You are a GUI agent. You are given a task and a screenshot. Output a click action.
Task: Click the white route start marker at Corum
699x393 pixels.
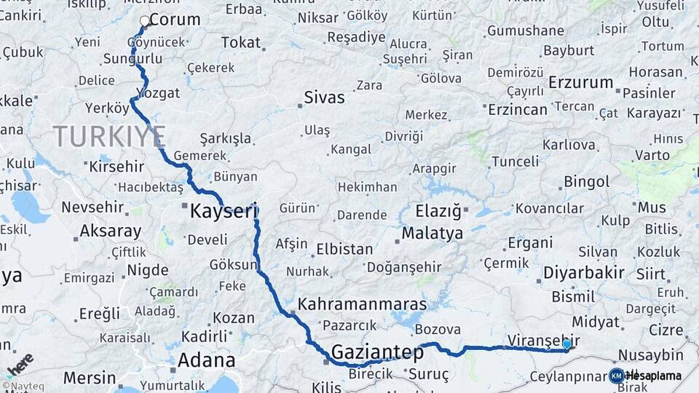pyautogui.click(x=144, y=22)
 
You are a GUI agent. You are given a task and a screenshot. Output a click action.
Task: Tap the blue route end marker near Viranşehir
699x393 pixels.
pyautogui.click(x=566, y=344)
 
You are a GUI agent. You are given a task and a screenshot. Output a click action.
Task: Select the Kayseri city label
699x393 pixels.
pyautogui.click(x=224, y=213)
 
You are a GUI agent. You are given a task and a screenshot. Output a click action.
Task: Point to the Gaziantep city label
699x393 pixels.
pyautogui.click(x=377, y=353)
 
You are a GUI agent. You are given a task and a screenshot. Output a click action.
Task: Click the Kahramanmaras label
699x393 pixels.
pyautogui.click(x=363, y=302)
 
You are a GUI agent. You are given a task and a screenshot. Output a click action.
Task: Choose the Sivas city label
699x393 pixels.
pyautogui.click(x=324, y=98)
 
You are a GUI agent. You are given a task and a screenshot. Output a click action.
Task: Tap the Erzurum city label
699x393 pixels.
pyautogui.click(x=580, y=82)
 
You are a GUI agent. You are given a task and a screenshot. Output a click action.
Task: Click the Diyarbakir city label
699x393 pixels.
pyautogui.click(x=584, y=273)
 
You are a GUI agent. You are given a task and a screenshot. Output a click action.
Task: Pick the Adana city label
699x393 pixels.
pyautogui.click(x=208, y=360)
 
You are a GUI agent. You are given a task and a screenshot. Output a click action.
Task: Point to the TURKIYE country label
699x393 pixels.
pyautogui.click(x=109, y=135)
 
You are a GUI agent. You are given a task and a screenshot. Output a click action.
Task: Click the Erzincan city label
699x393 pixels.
pyautogui.click(x=518, y=109)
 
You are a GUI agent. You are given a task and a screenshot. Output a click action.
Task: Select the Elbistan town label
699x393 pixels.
pyautogui.click(x=344, y=249)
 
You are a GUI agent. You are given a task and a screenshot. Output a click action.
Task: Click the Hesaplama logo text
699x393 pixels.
pyautogui.click(x=654, y=376)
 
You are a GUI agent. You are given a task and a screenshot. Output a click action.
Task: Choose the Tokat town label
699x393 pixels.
pyautogui.click(x=240, y=43)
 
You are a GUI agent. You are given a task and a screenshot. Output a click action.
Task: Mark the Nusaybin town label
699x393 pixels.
pyautogui.click(x=651, y=355)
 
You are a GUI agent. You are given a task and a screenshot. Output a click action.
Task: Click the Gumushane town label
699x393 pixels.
pyautogui.click(x=526, y=31)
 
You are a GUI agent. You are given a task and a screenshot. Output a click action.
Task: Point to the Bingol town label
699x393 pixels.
pyautogui.click(x=587, y=181)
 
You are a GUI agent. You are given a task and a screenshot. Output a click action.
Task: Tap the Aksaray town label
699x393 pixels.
pyautogui.click(x=111, y=231)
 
